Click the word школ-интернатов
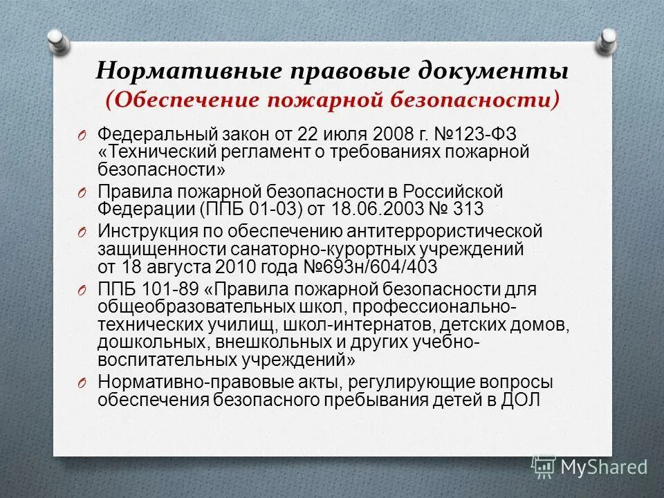click(383, 325)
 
